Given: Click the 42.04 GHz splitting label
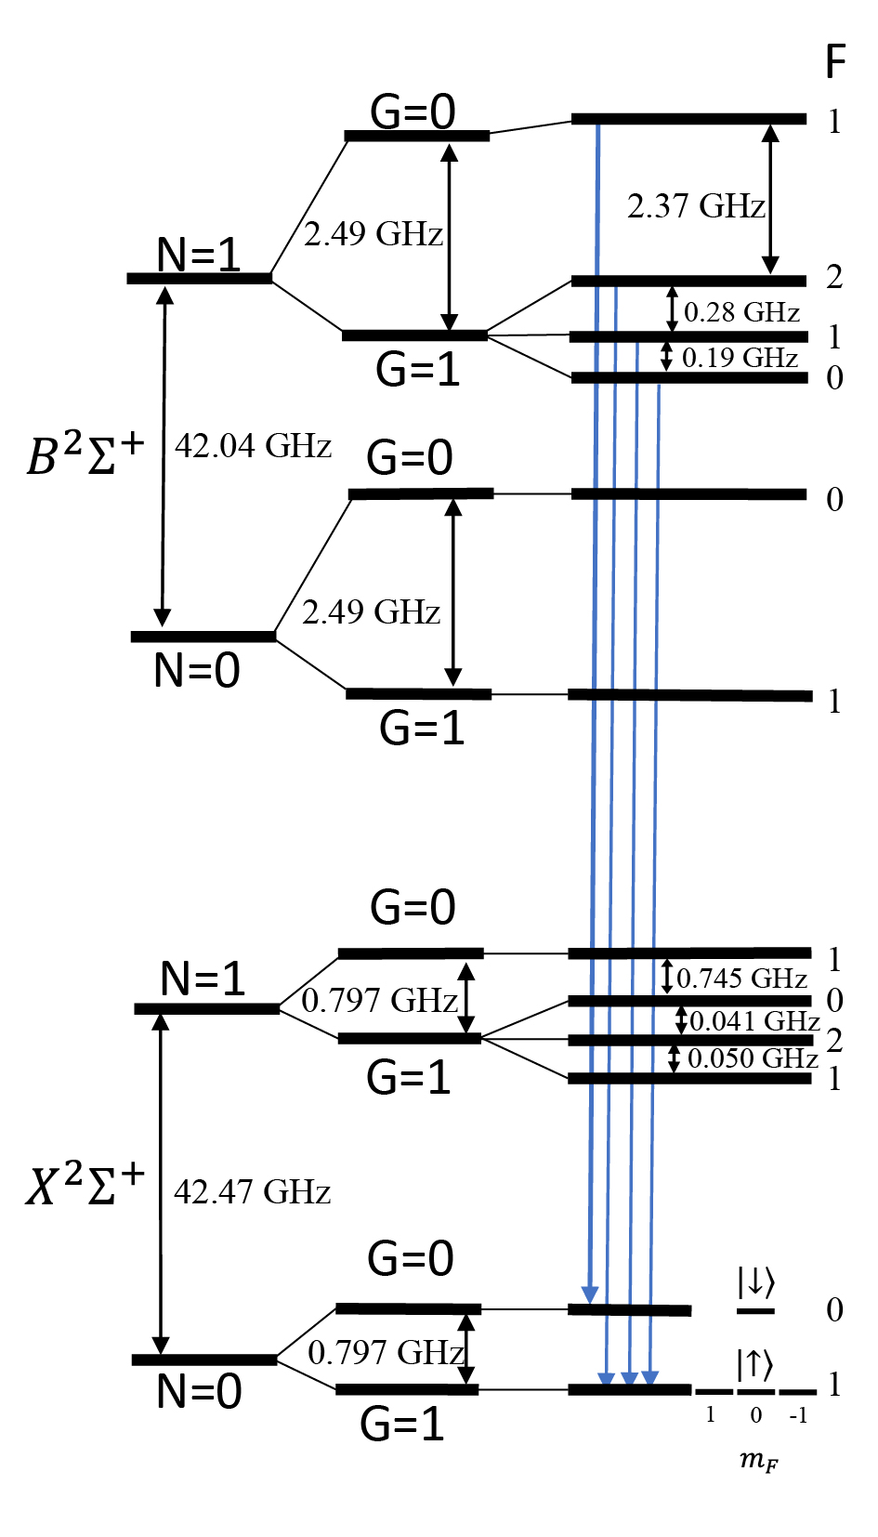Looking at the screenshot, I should pyautogui.click(x=253, y=446).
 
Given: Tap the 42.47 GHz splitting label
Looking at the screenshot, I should pyautogui.click(x=252, y=1192).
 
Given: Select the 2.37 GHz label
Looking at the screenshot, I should pyautogui.click(x=696, y=206).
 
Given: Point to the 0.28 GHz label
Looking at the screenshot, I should pyautogui.click(x=741, y=312).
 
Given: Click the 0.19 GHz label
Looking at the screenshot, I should pyautogui.click(x=740, y=358).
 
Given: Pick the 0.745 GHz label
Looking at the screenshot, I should pyautogui.click(x=741, y=979).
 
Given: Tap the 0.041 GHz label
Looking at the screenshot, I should pyautogui.click(x=754, y=1021).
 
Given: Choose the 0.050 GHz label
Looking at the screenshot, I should pyautogui.click(x=753, y=1059).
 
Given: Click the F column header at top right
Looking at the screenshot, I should pyautogui.click(x=834, y=62).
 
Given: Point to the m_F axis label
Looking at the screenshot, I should pyautogui.click(x=758, y=1460).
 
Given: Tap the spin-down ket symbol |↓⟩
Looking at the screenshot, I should pyautogui.click(x=755, y=1282).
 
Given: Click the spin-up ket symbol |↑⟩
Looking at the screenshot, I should pyautogui.click(x=754, y=1364).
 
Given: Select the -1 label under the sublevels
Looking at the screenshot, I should pyautogui.click(x=797, y=1415).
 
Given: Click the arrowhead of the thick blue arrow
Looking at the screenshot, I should pyautogui.click(x=589, y=1295).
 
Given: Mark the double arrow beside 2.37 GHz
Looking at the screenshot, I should pyautogui.click(x=770, y=199).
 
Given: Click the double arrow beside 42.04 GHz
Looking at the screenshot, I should pyautogui.click(x=164, y=456).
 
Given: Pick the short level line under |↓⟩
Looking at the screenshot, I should pyautogui.click(x=755, y=1311).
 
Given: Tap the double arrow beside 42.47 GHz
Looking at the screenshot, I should pyautogui.click(x=161, y=1184).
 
